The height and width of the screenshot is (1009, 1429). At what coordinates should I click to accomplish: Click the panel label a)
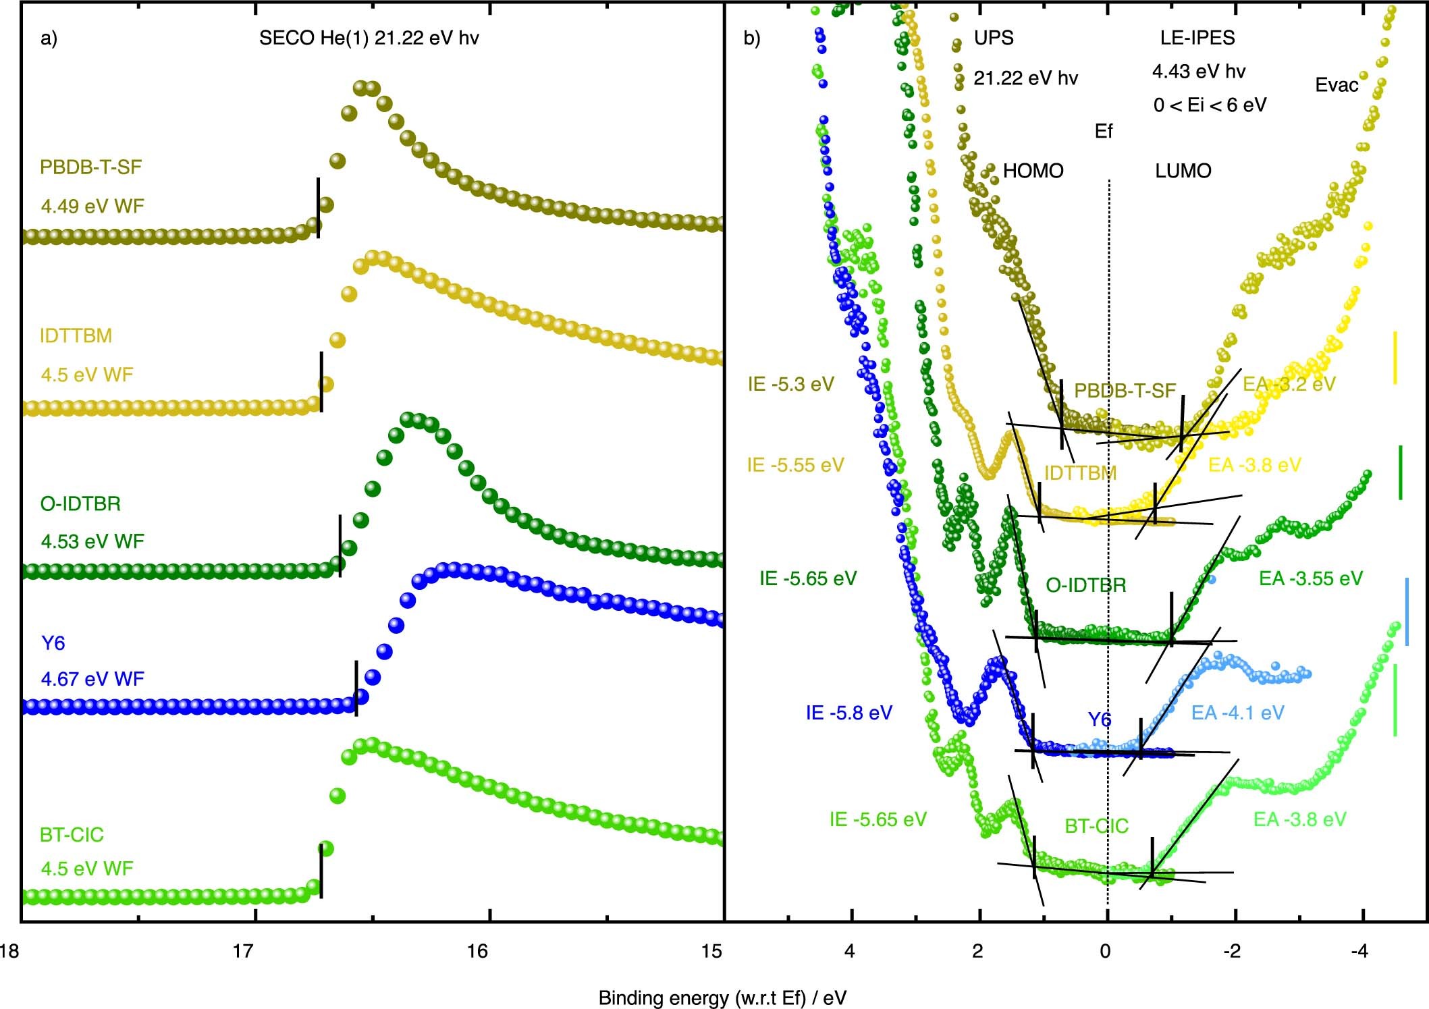coord(49,38)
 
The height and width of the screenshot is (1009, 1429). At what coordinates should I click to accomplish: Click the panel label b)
coord(752,38)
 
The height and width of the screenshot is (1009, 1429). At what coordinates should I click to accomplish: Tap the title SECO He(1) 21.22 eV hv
coord(369,38)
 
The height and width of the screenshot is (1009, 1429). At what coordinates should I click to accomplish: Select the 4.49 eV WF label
coord(92,206)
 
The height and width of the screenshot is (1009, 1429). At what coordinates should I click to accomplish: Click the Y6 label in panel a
coord(53,643)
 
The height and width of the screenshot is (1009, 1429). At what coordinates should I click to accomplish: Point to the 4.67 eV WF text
coord(92,679)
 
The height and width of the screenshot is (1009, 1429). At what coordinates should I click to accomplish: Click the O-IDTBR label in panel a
coord(80,504)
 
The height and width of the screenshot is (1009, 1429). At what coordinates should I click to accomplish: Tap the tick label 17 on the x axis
coord(242,952)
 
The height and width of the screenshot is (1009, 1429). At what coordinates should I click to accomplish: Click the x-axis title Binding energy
coord(722,998)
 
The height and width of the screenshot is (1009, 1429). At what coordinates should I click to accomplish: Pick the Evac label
coord(1337,85)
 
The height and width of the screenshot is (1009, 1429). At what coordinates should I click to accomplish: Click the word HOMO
coord(1033,171)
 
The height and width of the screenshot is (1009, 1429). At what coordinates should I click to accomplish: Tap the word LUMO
coord(1183,171)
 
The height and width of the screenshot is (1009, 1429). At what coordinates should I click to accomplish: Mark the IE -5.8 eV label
coord(848,713)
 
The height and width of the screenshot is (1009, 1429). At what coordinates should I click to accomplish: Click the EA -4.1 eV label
coord(1237,713)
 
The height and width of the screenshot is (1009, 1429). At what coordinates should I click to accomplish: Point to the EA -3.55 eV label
coord(1310,578)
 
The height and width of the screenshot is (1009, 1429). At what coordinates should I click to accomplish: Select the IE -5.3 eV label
coord(790,384)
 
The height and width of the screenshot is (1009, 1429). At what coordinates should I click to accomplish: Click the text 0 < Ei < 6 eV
coord(1210,105)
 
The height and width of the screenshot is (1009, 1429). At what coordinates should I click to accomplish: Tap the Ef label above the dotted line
coord(1103,132)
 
